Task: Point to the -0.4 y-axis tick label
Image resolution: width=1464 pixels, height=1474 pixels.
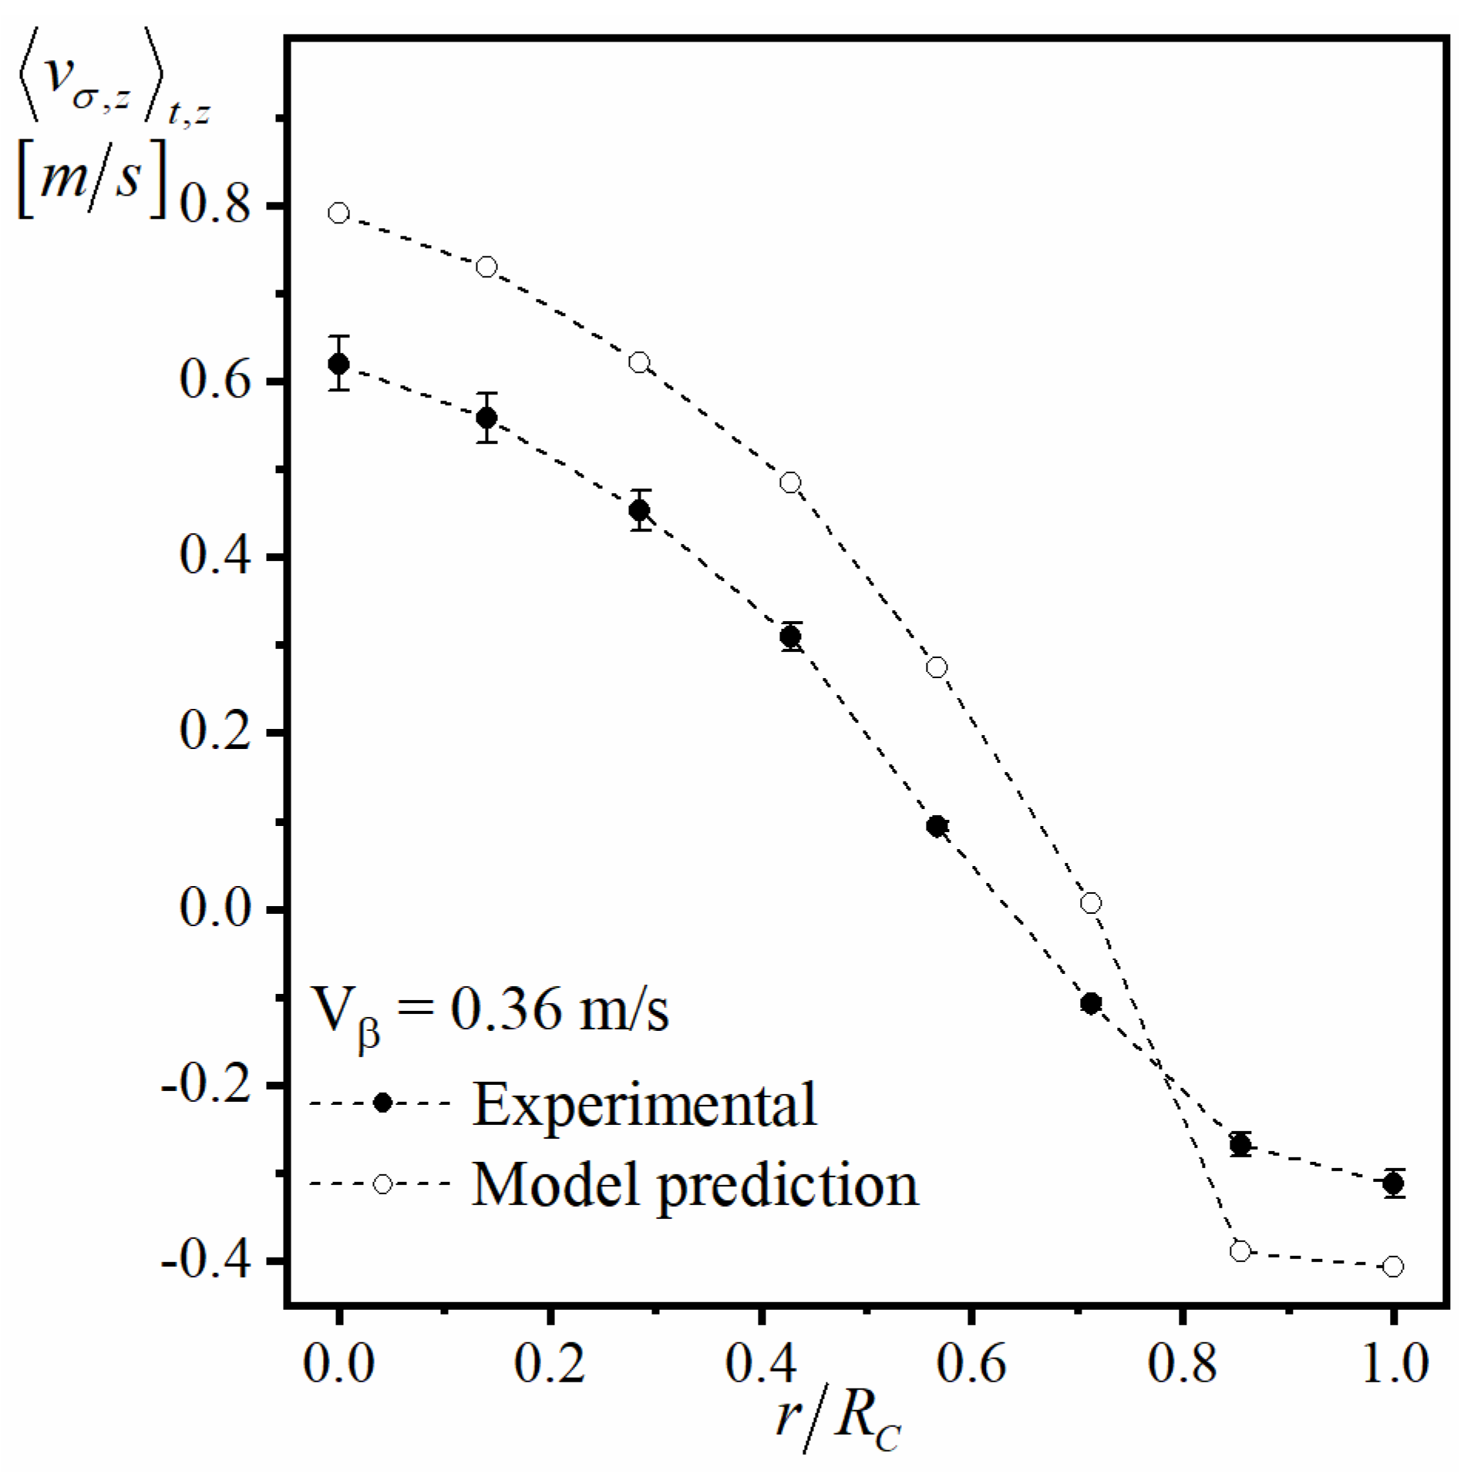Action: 204,1263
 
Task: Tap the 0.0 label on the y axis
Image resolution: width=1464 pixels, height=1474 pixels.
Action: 215,909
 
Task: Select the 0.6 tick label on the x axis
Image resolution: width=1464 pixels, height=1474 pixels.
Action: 971,1364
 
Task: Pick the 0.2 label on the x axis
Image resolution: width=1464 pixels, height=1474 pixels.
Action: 549,1364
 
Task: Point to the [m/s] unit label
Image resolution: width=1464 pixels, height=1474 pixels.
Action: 92,182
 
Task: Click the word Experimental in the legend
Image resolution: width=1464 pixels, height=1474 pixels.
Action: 644,1104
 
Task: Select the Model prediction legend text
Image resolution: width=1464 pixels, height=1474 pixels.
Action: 695,1184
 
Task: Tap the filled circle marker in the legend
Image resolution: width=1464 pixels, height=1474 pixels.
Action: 382,1103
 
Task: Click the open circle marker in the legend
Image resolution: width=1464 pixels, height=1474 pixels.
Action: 382,1184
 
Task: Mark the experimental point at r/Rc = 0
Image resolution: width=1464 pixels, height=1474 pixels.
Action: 338,363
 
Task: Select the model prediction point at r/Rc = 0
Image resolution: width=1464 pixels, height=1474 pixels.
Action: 338,213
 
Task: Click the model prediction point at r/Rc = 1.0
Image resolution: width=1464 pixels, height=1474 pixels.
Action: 1393,1267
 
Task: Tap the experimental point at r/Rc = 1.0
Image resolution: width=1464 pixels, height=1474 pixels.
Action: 1393,1183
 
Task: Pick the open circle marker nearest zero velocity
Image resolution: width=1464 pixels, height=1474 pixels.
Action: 1091,903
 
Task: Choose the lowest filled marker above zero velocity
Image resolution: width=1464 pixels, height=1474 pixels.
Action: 937,826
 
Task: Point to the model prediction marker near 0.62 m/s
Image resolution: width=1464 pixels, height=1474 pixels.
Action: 639,362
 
